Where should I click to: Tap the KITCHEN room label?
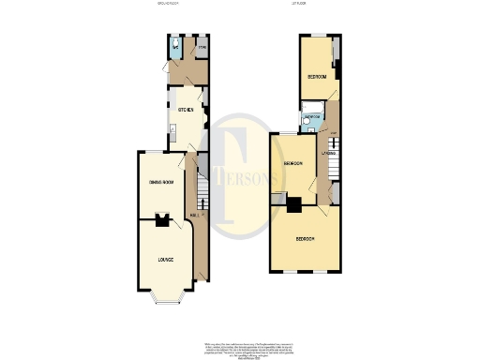click(x=185, y=111)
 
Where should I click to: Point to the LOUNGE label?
click(x=164, y=259)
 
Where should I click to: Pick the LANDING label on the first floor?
click(x=329, y=153)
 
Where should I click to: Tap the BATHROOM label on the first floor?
click(x=311, y=117)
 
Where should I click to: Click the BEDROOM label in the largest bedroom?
click(x=305, y=239)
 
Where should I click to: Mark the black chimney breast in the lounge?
click(x=161, y=222)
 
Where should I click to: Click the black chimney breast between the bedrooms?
click(x=293, y=205)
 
